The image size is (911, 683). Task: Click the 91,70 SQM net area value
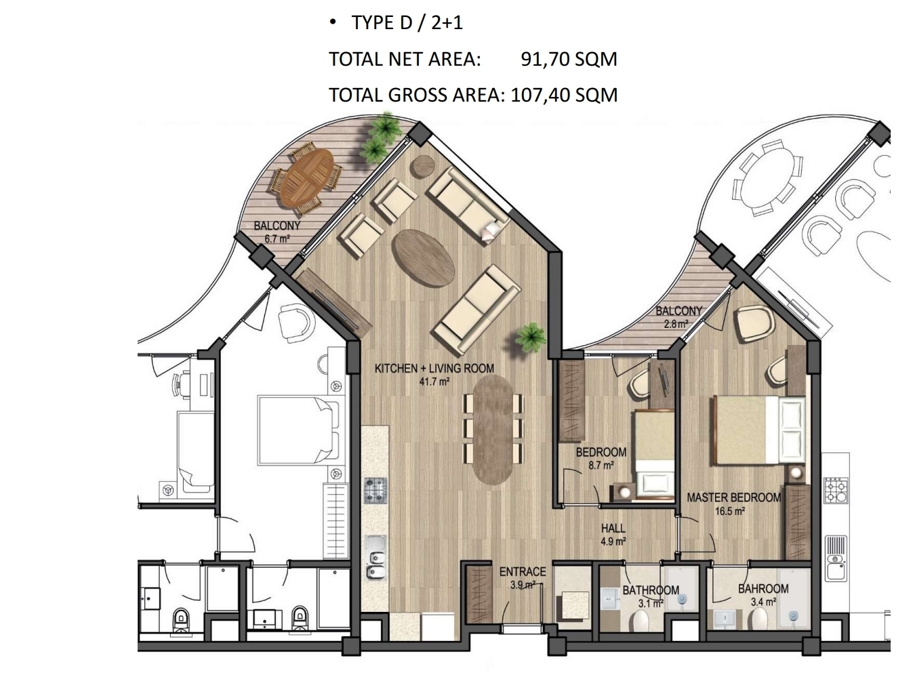(x=569, y=60)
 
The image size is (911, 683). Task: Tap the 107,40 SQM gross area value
(x=564, y=95)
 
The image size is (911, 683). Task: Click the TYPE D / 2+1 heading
(x=407, y=22)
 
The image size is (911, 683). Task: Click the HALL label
(x=613, y=529)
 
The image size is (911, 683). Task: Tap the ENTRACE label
(x=522, y=572)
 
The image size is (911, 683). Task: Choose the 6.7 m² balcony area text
(x=277, y=239)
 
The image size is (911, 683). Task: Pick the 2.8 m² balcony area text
(x=676, y=324)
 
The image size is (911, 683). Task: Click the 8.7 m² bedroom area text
(x=601, y=465)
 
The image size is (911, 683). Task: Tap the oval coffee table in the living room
(x=423, y=257)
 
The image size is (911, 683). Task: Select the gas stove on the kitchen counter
(x=376, y=490)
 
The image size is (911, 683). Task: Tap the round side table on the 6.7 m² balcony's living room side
(x=422, y=166)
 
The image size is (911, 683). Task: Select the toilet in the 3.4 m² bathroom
(x=757, y=622)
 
